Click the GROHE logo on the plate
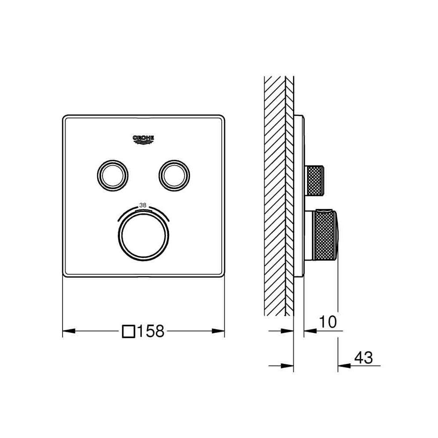(143, 140)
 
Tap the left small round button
(113, 176)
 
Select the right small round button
(174, 176)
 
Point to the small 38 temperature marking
(143, 205)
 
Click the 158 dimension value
(151, 331)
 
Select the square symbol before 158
(129, 331)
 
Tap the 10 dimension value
(328, 322)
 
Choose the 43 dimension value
(364, 357)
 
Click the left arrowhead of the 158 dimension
(69, 331)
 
